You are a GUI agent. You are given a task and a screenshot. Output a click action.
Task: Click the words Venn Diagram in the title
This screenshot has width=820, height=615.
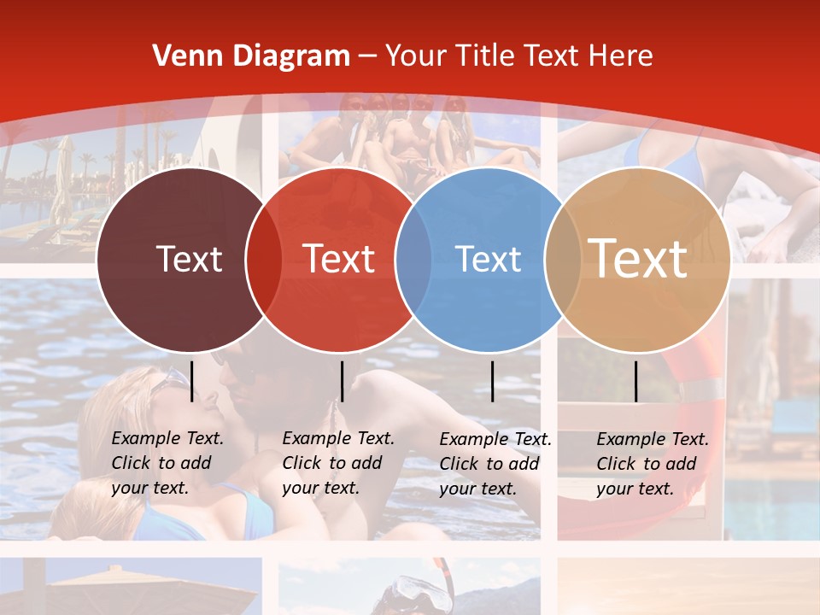point(251,56)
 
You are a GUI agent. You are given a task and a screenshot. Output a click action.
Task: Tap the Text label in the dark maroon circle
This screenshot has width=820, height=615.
point(189,259)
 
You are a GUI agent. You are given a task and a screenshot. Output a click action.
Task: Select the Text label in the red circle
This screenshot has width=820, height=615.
point(338,259)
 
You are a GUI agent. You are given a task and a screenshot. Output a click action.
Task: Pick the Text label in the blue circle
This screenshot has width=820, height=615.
point(488,259)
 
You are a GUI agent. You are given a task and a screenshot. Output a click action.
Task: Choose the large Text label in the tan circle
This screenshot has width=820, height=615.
point(637,258)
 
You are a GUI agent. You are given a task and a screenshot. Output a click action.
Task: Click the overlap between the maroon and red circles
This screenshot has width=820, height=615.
point(263,260)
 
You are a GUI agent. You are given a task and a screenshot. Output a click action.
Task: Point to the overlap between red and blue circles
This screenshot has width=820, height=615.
point(413,260)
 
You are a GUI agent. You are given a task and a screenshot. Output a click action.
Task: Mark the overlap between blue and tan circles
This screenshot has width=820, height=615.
point(562,260)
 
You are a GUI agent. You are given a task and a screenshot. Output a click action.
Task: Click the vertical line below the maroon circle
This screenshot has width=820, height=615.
point(192,381)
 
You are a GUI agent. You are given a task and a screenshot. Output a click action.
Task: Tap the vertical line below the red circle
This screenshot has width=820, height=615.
point(342,381)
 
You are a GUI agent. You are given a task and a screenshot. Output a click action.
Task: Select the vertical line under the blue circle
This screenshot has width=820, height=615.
point(492,381)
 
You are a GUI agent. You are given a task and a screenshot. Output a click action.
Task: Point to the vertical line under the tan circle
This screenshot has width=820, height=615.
point(635,381)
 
